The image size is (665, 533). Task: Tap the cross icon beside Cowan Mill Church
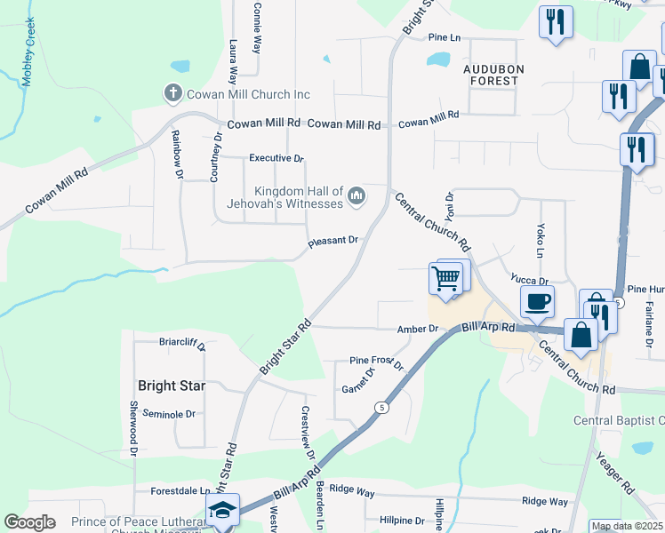(x=172, y=92)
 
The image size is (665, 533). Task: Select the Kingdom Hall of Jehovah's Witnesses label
(x=299, y=197)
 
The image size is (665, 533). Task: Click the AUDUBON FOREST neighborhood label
(x=493, y=75)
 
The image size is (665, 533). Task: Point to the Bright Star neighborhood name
(x=172, y=386)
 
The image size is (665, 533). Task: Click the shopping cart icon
(x=446, y=278)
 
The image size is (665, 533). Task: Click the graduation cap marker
(x=222, y=510)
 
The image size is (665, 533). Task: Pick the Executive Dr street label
(x=276, y=158)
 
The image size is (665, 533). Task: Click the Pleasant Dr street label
(x=332, y=241)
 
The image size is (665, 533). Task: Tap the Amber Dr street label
(x=418, y=329)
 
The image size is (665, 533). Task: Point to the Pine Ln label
(x=445, y=38)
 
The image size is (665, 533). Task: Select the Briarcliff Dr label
(x=169, y=342)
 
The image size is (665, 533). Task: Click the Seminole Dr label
(x=169, y=414)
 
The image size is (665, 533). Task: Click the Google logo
(x=29, y=522)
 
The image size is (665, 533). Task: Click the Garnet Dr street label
(x=360, y=384)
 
